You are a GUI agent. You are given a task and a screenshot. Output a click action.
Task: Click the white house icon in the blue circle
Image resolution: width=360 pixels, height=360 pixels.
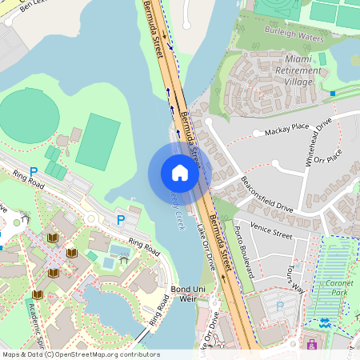point(180,173)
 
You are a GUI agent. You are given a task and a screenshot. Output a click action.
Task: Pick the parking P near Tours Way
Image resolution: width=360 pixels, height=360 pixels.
point(279,305)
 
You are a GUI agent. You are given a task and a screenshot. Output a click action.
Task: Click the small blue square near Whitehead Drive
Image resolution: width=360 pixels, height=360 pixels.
point(333,94)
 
